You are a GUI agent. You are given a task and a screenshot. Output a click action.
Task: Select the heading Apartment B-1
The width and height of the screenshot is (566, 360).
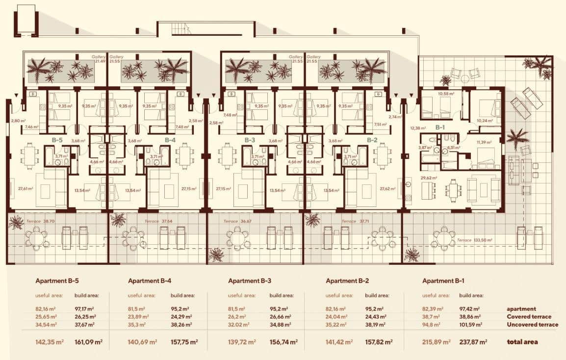pyautogui.click(x=443, y=281)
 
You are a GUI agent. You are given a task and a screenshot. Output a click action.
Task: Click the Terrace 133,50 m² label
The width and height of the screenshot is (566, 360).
pyautogui.click(x=474, y=240)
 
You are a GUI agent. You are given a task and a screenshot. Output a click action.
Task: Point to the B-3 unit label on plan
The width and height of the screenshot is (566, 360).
pyautogui.click(x=250, y=140)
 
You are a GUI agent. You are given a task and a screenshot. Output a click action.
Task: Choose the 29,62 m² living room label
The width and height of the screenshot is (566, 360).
pyautogui.click(x=429, y=179)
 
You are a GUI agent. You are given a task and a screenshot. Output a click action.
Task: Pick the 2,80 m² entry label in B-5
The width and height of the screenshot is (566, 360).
pyautogui.click(x=18, y=120)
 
